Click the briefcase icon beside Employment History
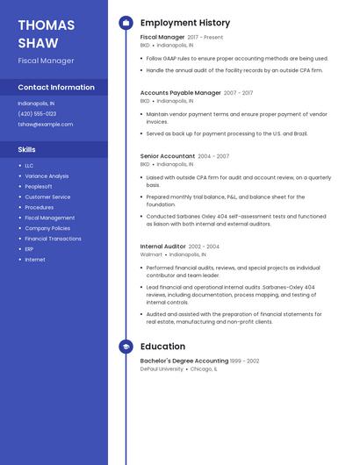click(126, 23)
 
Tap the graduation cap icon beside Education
click(126, 347)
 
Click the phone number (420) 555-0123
click(37, 114)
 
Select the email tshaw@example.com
click(46, 125)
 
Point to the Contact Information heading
click(56, 88)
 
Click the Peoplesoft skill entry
click(39, 187)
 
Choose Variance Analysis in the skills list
click(47, 176)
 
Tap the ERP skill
click(29, 249)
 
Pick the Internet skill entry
click(35, 260)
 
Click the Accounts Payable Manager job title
click(181, 92)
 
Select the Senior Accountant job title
click(167, 156)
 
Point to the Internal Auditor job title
click(163, 247)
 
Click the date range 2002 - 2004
click(204, 247)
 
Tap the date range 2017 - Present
click(205, 38)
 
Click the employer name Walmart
click(151, 254)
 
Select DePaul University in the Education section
click(162, 369)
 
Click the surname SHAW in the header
click(38, 43)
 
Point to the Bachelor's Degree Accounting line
click(184, 361)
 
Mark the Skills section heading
click(26, 150)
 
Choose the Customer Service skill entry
click(47, 197)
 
